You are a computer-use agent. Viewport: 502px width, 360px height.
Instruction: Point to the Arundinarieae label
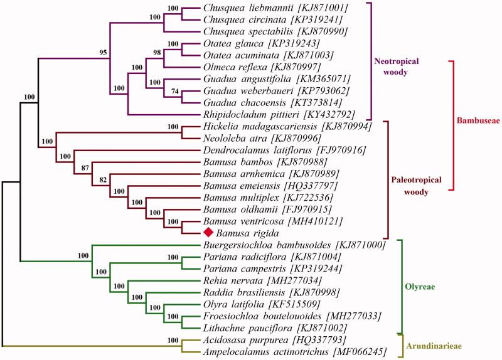click(438, 346)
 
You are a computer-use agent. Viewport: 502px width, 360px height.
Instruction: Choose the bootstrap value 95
click(102, 53)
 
